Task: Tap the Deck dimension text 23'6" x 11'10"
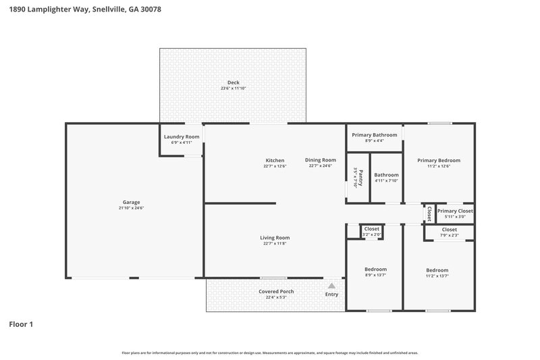233,88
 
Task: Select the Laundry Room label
182,136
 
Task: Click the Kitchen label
275,160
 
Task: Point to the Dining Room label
320,160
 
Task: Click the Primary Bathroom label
374,134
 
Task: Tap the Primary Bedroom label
438,160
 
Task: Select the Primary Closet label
454,211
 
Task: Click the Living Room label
275,237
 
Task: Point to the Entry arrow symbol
331,286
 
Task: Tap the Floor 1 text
21,324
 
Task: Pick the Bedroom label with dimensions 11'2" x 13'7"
437,269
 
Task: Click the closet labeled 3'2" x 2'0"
372,229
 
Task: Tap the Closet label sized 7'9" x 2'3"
450,230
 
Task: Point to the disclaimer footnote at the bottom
269,353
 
